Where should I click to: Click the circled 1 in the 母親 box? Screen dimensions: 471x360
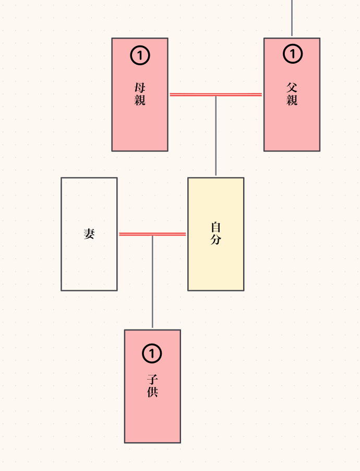tap(140, 55)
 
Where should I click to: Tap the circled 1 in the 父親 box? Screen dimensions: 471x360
tap(292, 53)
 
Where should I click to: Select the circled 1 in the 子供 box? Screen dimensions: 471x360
tap(152, 354)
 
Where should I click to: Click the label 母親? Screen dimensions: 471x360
tap(140, 94)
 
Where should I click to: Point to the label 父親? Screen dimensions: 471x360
tap(292, 94)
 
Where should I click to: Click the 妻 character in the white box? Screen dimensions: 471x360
tap(89, 234)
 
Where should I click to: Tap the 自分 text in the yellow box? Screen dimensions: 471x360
tap(216, 233)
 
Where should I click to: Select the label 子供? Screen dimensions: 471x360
tap(152, 386)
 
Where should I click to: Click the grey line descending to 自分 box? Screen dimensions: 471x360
tap(215, 136)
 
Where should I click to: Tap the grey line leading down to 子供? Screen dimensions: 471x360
tap(152, 282)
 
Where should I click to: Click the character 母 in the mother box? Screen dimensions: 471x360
tap(140, 88)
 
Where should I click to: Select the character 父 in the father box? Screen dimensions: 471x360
tap(292, 88)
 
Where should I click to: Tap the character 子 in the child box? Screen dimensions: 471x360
tap(152, 380)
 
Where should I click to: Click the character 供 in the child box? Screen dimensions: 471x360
tap(152, 392)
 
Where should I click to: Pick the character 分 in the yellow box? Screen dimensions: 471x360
tap(216, 240)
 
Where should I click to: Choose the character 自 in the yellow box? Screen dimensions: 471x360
tap(216, 227)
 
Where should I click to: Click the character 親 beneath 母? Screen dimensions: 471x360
tap(140, 100)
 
